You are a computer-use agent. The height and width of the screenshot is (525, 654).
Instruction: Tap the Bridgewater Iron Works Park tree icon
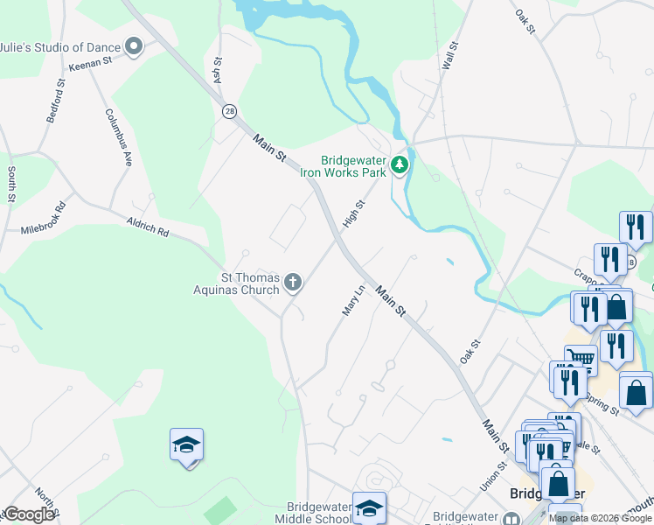pos(400,164)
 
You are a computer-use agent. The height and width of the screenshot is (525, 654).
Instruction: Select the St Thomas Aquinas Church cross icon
pos(293,282)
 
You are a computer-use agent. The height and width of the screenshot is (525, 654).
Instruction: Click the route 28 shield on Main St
pos(229,111)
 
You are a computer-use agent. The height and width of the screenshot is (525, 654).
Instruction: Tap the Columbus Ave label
pos(119,137)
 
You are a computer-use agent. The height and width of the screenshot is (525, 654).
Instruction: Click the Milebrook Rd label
pos(44,220)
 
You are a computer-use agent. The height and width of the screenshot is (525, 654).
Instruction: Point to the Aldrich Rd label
pos(147,229)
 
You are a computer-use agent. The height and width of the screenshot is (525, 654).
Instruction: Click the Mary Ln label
pos(351,301)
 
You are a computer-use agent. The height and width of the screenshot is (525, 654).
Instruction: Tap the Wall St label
pos(450,56)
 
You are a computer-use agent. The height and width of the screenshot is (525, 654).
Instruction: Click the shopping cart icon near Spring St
pos(580,357)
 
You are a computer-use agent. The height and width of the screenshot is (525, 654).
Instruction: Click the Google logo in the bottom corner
pos(29,514)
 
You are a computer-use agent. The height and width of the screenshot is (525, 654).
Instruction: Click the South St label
pos(11,184)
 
